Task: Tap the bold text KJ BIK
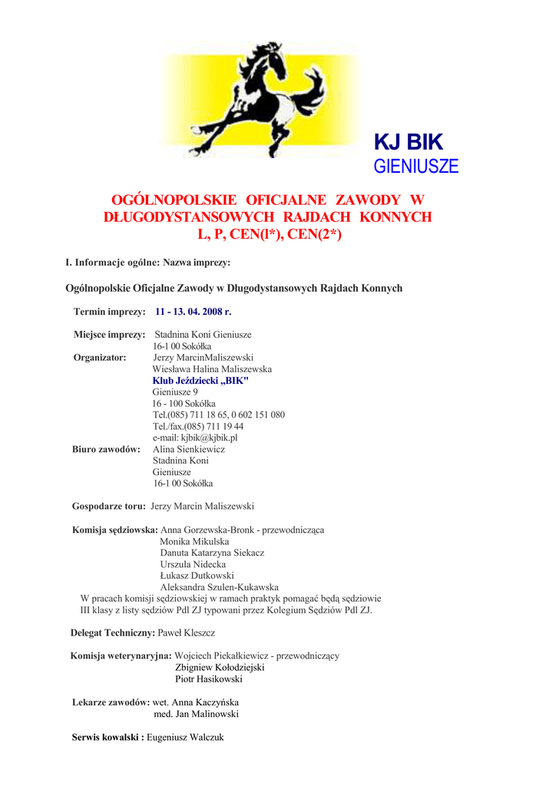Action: point(408,142)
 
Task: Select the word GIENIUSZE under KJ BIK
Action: point(415,167)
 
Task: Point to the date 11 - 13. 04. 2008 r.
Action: point(193,312)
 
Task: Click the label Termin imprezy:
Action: point(109,312)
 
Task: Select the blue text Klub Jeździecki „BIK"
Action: point(200,381)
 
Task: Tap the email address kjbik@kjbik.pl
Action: point(195,438)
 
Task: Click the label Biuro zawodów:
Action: point(106,449)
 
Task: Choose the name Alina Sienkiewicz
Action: point(189,449)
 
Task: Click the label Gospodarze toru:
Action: point(108,506)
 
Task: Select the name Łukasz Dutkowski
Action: point(197,576)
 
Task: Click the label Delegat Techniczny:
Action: point(112,632)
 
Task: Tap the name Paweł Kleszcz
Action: point(186,632)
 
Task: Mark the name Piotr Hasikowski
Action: point(209,679)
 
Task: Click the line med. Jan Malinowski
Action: point(196,714)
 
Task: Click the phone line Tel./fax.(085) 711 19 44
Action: point(198,426)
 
